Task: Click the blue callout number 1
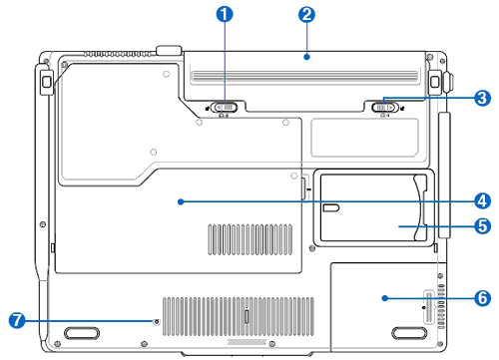(225, 14)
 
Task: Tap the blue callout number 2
(306, 14)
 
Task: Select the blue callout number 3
(482, 98)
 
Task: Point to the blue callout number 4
(482, 201)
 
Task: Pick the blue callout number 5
(482, 226)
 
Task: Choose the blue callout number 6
(482, 298)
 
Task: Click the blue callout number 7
(17, 320)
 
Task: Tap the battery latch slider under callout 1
(225, 108)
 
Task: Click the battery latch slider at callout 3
(384, 108)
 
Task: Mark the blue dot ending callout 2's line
(306, 57)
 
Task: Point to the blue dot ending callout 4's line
(181, 201)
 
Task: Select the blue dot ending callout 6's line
(385, 298)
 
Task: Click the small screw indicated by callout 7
(157, 321)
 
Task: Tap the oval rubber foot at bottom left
(82, 333)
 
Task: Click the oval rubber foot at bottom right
(409, 333)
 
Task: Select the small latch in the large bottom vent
(247, 316)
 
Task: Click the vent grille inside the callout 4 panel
(250, 239)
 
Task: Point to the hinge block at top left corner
(47, 81)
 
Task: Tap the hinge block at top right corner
(434, 81)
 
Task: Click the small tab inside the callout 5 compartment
(331, 208)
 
